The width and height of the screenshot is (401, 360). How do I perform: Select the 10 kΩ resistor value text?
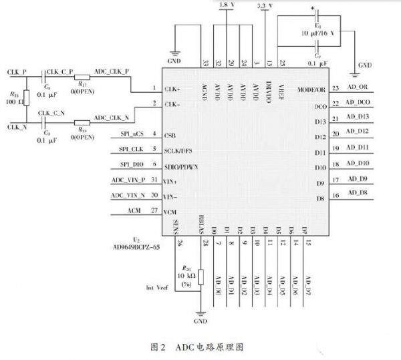click(186, 275)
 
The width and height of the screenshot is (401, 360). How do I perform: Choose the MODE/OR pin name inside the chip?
click(311, 89)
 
